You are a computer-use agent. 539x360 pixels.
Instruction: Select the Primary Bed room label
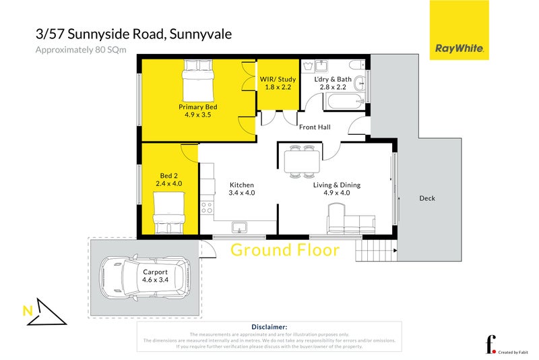197,107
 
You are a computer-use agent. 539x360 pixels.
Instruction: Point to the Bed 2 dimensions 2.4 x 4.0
170,183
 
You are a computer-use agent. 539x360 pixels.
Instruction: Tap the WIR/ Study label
278,80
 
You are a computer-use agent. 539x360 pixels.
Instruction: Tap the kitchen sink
239,227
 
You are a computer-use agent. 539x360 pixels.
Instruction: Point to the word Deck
427,198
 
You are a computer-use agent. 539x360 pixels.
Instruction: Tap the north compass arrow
45,311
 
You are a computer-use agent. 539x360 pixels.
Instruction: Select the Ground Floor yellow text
285,250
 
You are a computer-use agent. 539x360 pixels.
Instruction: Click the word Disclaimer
269,326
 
